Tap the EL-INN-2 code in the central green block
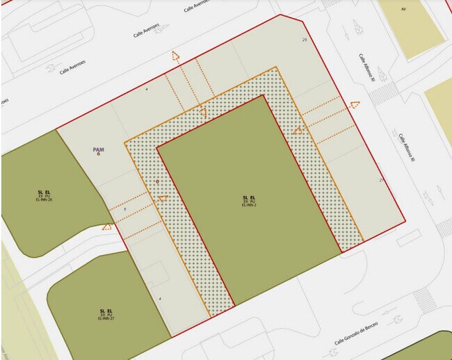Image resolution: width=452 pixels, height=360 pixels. coord(249,206)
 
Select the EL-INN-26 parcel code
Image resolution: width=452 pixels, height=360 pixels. coord(44,199)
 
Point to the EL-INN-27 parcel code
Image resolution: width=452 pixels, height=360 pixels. coord(106,318)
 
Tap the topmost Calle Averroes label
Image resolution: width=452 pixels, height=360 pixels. coord(197,6)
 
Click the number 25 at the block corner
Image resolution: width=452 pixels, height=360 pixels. coord(305,40)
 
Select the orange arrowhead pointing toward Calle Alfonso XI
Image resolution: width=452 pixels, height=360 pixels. coord(355,105)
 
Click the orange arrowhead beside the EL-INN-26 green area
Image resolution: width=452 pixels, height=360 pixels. coord(107,225)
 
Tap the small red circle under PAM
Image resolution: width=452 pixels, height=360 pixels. coord(99,154)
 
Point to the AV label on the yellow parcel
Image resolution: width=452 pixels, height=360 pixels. coord(403,9)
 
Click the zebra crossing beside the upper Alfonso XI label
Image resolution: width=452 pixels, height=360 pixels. coord(381,93)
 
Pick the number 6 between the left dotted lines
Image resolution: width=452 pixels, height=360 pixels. coord(125,208)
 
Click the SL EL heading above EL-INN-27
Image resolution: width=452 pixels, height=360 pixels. coord(106,310)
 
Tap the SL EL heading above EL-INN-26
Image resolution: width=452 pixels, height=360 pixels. coord(44,191)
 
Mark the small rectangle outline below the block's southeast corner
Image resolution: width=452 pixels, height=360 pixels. coord(409,237)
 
